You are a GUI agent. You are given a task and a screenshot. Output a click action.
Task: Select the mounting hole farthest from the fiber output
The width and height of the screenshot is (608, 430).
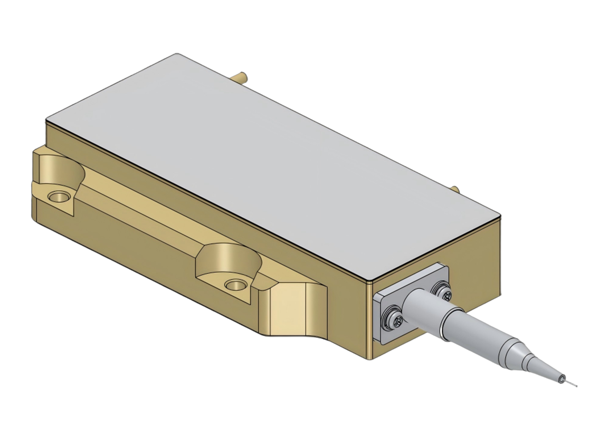pos(58,197)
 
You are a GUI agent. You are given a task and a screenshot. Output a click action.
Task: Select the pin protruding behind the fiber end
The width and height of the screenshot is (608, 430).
pos(454,189)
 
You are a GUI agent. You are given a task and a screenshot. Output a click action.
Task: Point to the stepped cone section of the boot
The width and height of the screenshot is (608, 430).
pos(520,358)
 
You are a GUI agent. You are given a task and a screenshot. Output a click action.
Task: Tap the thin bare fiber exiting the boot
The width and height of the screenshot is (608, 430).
pos(573,384)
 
